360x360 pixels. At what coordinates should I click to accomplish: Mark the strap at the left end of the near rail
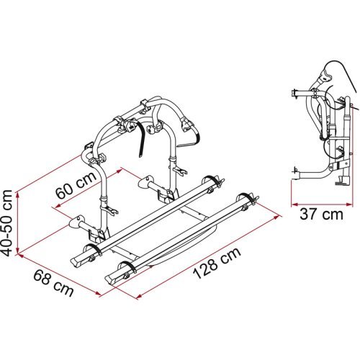pos(91,249)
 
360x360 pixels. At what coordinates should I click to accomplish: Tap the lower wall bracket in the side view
pos(297,170)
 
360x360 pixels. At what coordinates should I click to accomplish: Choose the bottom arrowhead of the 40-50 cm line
pos(19,254)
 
